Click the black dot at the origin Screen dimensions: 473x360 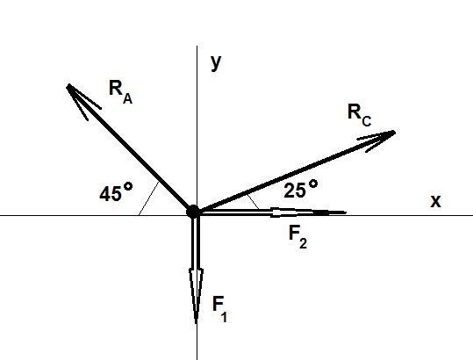click(x=193, y=212)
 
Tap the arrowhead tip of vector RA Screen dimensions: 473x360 click(x=68, y=85)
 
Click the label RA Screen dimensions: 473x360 click(x=121, y=93)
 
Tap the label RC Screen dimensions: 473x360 click(x=359, y=115)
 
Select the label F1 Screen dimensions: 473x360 click(x=220, y=309)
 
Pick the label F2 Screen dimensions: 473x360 click(x=297, y=237)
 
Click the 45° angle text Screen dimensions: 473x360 click(x=116, y=192)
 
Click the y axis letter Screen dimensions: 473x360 click(x=216, y=62)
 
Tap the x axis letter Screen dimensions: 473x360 click(x=435, y=201)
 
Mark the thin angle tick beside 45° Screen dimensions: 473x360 click(x=148, y=198)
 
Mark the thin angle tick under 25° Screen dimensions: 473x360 click(x=253, y=202)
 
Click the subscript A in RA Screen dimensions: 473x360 click(x=127, y=99)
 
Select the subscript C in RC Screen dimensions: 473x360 click(x=366, y=121)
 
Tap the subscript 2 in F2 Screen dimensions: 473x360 click(x=303, y=243)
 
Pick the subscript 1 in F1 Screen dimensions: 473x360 click(x=224, y=317)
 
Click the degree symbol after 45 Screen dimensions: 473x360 click(x=128, y=186)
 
